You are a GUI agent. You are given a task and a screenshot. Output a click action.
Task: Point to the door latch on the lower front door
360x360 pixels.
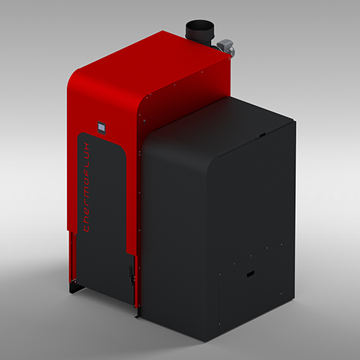click(130, 272)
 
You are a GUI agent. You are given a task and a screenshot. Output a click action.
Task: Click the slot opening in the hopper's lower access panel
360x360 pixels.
click(249, 274)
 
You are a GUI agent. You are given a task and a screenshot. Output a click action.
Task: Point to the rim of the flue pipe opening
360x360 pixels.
click(200, 22)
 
